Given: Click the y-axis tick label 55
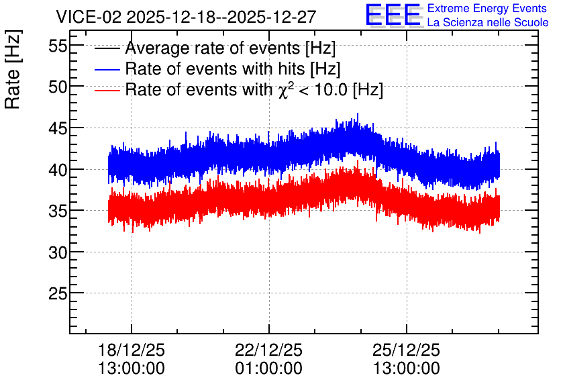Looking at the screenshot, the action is coord(58,46).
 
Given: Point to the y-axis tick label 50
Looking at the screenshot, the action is coord(58,87).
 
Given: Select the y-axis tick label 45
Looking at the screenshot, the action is coord(58,128).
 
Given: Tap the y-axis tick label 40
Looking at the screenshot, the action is coord(58,170).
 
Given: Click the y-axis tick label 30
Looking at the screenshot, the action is coord(58,252).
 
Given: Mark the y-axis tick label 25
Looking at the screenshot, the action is coord(58,294).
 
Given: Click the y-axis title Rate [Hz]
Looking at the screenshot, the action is coord(13,69).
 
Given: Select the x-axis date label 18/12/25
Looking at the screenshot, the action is coord(132,350).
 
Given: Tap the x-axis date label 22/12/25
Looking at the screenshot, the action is coord(268,350).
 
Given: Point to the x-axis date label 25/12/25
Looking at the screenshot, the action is coord(406,350).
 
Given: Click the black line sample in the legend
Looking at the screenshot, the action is coord(107,48).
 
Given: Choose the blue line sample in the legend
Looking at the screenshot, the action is coord(107,69).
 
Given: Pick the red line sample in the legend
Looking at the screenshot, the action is coord(107,90).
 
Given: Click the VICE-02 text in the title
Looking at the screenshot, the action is coord(89,17).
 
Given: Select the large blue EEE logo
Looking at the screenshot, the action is coord(393,15).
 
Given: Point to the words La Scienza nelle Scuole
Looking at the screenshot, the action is coord(488,22).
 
